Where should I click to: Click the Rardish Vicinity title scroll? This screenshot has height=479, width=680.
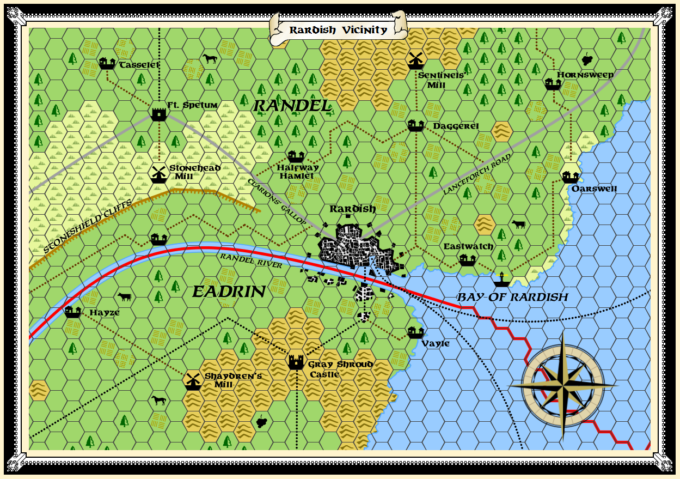[x=338, y=30]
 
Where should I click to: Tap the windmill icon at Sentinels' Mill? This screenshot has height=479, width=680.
[x=415, y=59]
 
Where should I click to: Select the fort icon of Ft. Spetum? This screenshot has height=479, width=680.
[x=158, y=113]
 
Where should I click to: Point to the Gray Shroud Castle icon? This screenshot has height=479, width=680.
[x=296, y=362]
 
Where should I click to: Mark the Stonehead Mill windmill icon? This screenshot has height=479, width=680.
[x=158, y=173]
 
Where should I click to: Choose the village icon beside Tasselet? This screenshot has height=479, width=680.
[x=107, y=64]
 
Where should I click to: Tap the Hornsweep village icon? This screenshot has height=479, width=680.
[x=553, y=83]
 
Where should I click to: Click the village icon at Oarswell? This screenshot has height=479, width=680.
[x=570, y=177]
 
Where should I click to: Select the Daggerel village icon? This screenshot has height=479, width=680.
[x=415, y=125]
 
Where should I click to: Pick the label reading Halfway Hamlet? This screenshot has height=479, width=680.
[x=297, y=172]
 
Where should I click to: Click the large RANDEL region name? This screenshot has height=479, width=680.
[x=292, y=106]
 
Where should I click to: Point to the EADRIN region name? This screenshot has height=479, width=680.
[x=229, y=292]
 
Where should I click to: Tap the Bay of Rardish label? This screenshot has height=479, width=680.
[x=512, y=297]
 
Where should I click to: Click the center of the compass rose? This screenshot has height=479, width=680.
[x=563, y=385]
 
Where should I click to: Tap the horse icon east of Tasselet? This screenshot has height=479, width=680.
[x=209, y=58]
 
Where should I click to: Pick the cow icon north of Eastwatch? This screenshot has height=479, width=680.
[x=518, y=224]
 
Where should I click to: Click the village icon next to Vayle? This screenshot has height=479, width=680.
[x=415, y=331]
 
